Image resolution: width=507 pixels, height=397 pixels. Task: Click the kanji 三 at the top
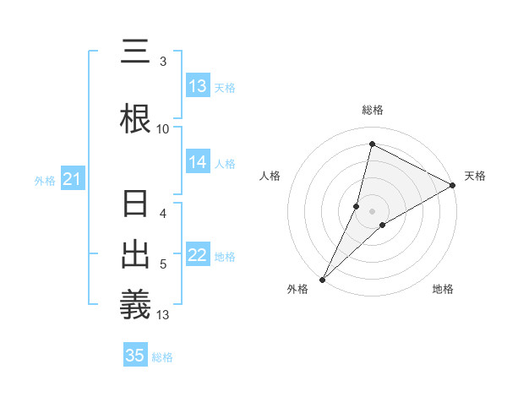tap(135, 52)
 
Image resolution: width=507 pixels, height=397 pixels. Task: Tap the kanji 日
tap(135, 206)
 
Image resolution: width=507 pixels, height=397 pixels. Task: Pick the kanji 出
tap(135, 255)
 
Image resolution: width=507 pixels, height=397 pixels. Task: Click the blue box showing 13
tap(198, 86)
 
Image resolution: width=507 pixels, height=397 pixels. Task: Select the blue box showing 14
tap(198, 162)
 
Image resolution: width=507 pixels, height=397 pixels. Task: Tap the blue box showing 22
tap(198, 256)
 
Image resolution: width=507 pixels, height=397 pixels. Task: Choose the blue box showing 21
tap(72, 179)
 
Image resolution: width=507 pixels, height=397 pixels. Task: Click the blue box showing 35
tap(135, 356)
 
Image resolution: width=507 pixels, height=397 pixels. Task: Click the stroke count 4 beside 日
tap(163, 214)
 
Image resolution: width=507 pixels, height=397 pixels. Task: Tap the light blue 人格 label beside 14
tap(225, 163)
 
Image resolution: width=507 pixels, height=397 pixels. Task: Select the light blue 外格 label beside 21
tap(45, 180)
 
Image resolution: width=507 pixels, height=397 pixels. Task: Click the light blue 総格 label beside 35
tap(162, 357)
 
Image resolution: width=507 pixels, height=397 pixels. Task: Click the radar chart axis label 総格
tap(372, 110)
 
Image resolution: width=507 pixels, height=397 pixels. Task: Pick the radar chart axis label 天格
tap(475, 176)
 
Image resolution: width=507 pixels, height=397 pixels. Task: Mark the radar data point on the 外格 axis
tap(322, 279)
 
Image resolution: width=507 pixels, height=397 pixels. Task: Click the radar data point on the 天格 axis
tap(453, 185)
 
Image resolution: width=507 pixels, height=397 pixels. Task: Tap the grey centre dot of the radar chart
tap(372, 210)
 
